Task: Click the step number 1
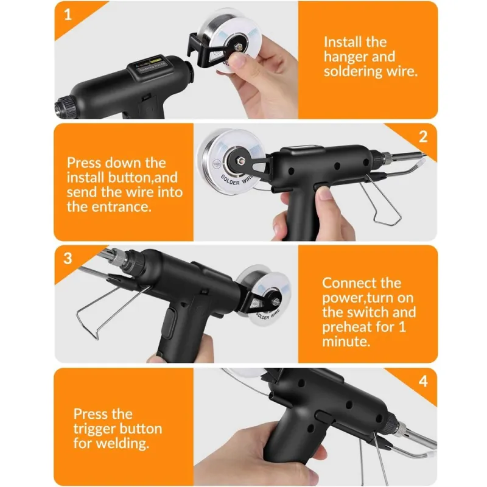point(68,14)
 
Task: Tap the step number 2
point(423,136)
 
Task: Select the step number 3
point(68,258)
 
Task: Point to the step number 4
point(423,381)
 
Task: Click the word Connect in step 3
point(344,283)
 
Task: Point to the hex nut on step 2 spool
point(240,161)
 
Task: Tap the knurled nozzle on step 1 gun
point(66,107)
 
